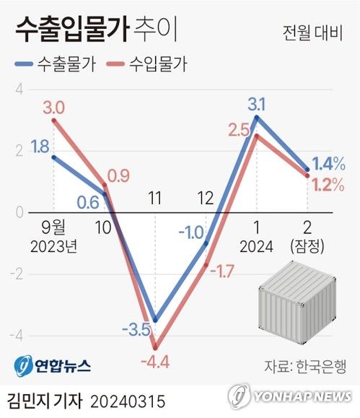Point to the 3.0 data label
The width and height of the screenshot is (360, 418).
[53, 108]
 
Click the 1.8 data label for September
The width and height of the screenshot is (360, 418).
[40, 147]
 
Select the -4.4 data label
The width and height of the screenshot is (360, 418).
[155, 359]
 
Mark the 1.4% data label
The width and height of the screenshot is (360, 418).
[328, 163]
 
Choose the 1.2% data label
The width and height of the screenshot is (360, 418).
[328, 185]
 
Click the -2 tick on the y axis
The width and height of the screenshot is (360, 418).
[19, 274]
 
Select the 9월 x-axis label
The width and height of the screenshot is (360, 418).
[53, 226]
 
